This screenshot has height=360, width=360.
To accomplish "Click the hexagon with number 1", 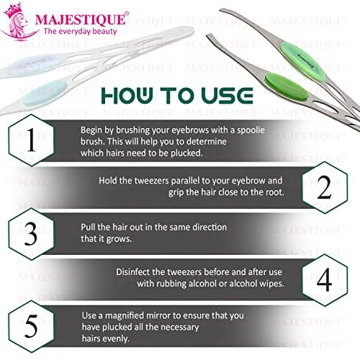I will pos(30,142).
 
